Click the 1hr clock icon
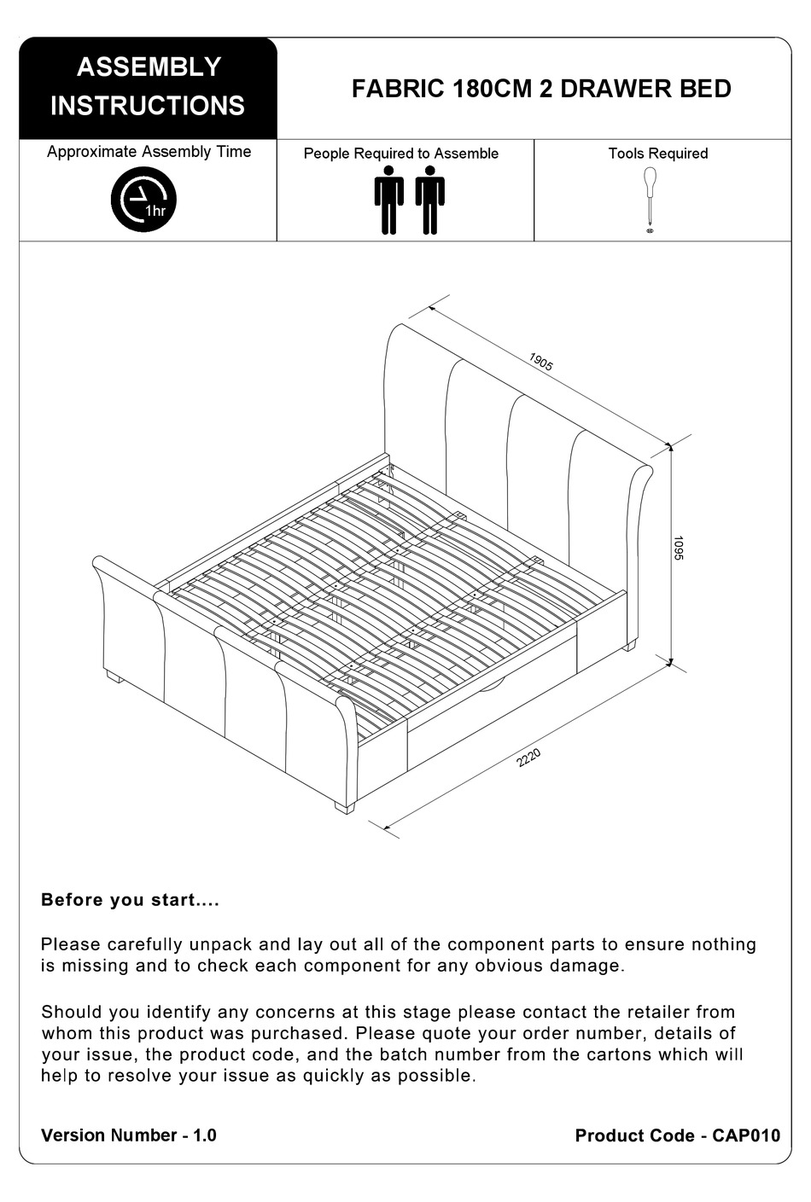coord(143,200)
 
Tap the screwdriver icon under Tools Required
coord(650,197)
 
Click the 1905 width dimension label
coord(541,362)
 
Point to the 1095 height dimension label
coord(679,548)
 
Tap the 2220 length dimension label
coord(529,758)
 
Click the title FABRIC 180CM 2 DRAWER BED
coord(540,90)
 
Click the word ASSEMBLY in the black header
coord(149,67)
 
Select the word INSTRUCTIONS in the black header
coord(148,106)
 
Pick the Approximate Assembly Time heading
coord(149,152)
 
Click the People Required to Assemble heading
coord(400,154)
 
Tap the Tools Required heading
coord(657,154)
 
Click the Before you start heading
coord(130,900)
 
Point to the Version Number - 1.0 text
coord(128,1135)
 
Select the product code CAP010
coord(746,1135)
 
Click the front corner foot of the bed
coord(343,807)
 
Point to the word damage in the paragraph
coord(590,966)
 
